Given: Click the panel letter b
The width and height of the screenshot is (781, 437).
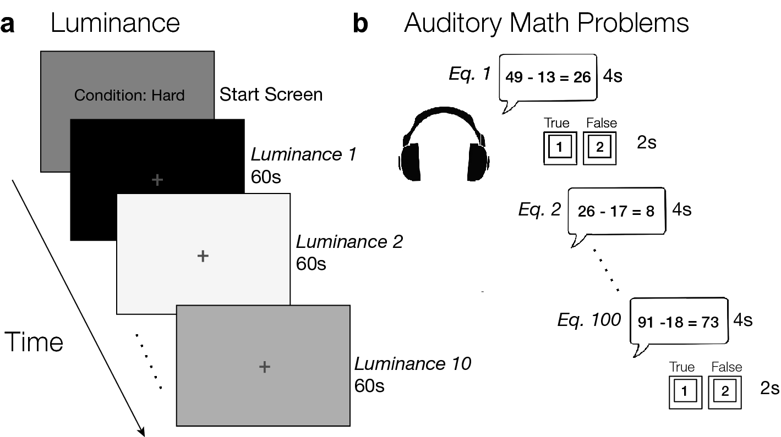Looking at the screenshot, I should point(360,24).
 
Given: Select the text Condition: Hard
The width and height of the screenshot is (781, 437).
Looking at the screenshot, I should point(129,95).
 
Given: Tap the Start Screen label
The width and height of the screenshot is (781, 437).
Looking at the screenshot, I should point(271,94).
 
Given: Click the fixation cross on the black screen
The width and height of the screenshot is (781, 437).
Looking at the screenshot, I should point(157,180).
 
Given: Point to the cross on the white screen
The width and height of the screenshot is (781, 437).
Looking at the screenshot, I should point(203,256).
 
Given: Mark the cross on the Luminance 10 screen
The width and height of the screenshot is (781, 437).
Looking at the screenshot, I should point(264,367).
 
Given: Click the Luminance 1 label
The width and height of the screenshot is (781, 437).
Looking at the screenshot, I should point(303,154).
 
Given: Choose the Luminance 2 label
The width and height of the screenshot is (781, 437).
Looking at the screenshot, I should point(349,241).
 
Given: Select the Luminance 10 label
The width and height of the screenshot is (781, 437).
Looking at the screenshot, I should point(412,363).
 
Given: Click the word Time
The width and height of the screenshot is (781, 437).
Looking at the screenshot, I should point(34,342).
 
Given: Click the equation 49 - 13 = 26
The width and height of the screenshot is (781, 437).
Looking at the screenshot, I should point(548,77).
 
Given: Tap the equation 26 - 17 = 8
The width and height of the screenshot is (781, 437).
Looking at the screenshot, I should point(616,211).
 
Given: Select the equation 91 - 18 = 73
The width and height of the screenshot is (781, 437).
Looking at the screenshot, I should point(678,322).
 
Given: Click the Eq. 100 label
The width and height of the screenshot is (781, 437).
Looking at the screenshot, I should point(589,319).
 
